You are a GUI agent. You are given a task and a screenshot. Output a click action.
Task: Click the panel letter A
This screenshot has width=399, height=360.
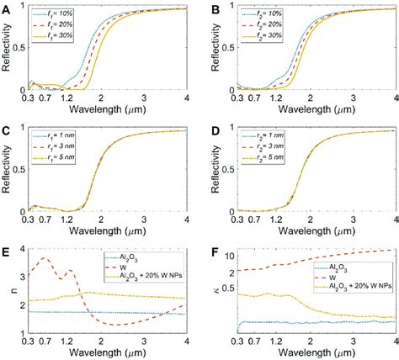click(6, 8)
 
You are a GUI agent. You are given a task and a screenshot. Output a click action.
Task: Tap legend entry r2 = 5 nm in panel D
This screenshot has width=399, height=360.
click(266, 158)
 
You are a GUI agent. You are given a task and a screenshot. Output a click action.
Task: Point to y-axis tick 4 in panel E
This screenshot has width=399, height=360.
click(23, 249)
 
